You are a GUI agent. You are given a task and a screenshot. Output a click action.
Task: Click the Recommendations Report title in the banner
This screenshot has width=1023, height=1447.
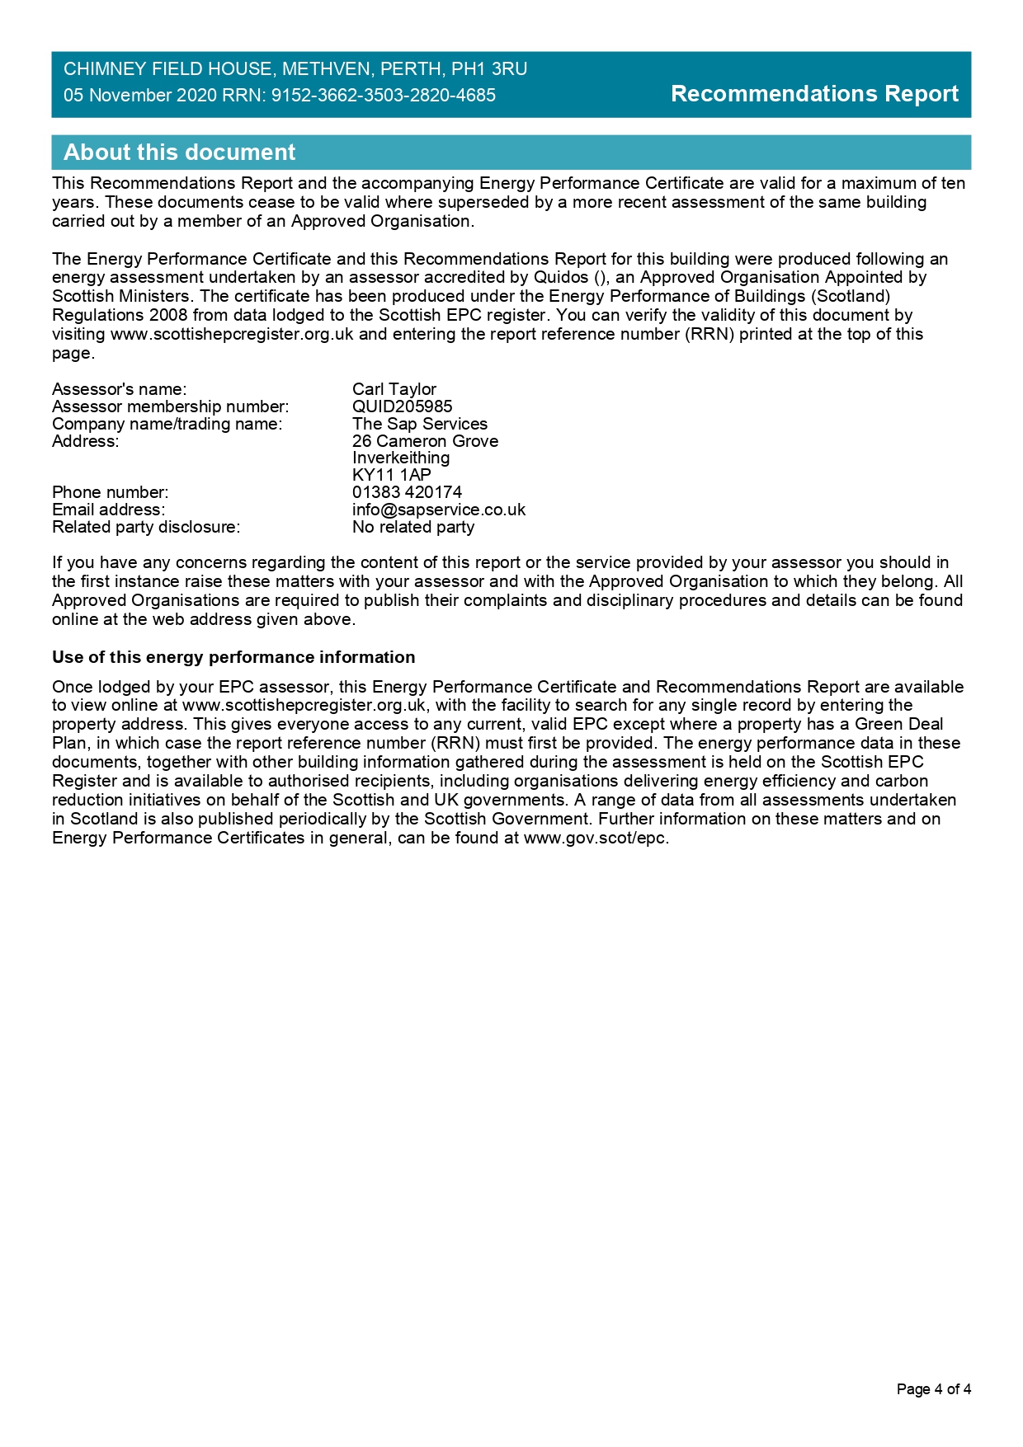point(814,94)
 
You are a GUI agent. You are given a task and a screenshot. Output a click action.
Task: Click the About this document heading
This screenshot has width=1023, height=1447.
point(179,153)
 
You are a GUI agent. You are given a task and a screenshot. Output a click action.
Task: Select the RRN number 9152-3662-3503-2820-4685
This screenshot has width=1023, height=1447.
point(384,96)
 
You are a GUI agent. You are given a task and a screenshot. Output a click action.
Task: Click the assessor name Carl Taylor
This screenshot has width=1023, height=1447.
point(394,389)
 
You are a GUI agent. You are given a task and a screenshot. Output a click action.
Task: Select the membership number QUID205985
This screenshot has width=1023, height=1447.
point(402,406)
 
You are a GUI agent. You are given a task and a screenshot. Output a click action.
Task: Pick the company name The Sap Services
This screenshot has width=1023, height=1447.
point(419,424)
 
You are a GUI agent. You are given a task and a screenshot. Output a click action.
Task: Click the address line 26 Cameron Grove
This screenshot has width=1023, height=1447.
point(425,441)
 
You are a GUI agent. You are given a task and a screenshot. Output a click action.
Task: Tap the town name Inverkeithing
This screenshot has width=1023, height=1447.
point(401,458)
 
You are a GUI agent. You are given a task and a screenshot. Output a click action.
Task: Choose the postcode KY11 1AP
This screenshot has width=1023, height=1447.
point(391,475)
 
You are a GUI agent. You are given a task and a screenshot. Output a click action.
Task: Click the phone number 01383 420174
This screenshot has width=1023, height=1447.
point(407,492)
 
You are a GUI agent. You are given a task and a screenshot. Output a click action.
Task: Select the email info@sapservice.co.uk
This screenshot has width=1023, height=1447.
point(438,510)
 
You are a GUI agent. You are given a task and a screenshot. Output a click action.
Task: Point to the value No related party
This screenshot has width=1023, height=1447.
point(412,527)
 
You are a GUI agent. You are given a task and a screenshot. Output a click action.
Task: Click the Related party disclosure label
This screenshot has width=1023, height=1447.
point(146,527)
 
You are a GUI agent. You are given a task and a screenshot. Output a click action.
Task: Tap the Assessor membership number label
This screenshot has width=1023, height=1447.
point(170,406)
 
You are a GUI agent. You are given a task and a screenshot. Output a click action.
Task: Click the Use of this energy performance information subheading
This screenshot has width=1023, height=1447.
point(233,657)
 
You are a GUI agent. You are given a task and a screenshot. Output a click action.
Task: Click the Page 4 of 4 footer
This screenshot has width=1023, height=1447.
point(933,1389)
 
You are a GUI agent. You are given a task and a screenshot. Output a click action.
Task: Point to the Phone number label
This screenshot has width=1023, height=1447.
point(110,492)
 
